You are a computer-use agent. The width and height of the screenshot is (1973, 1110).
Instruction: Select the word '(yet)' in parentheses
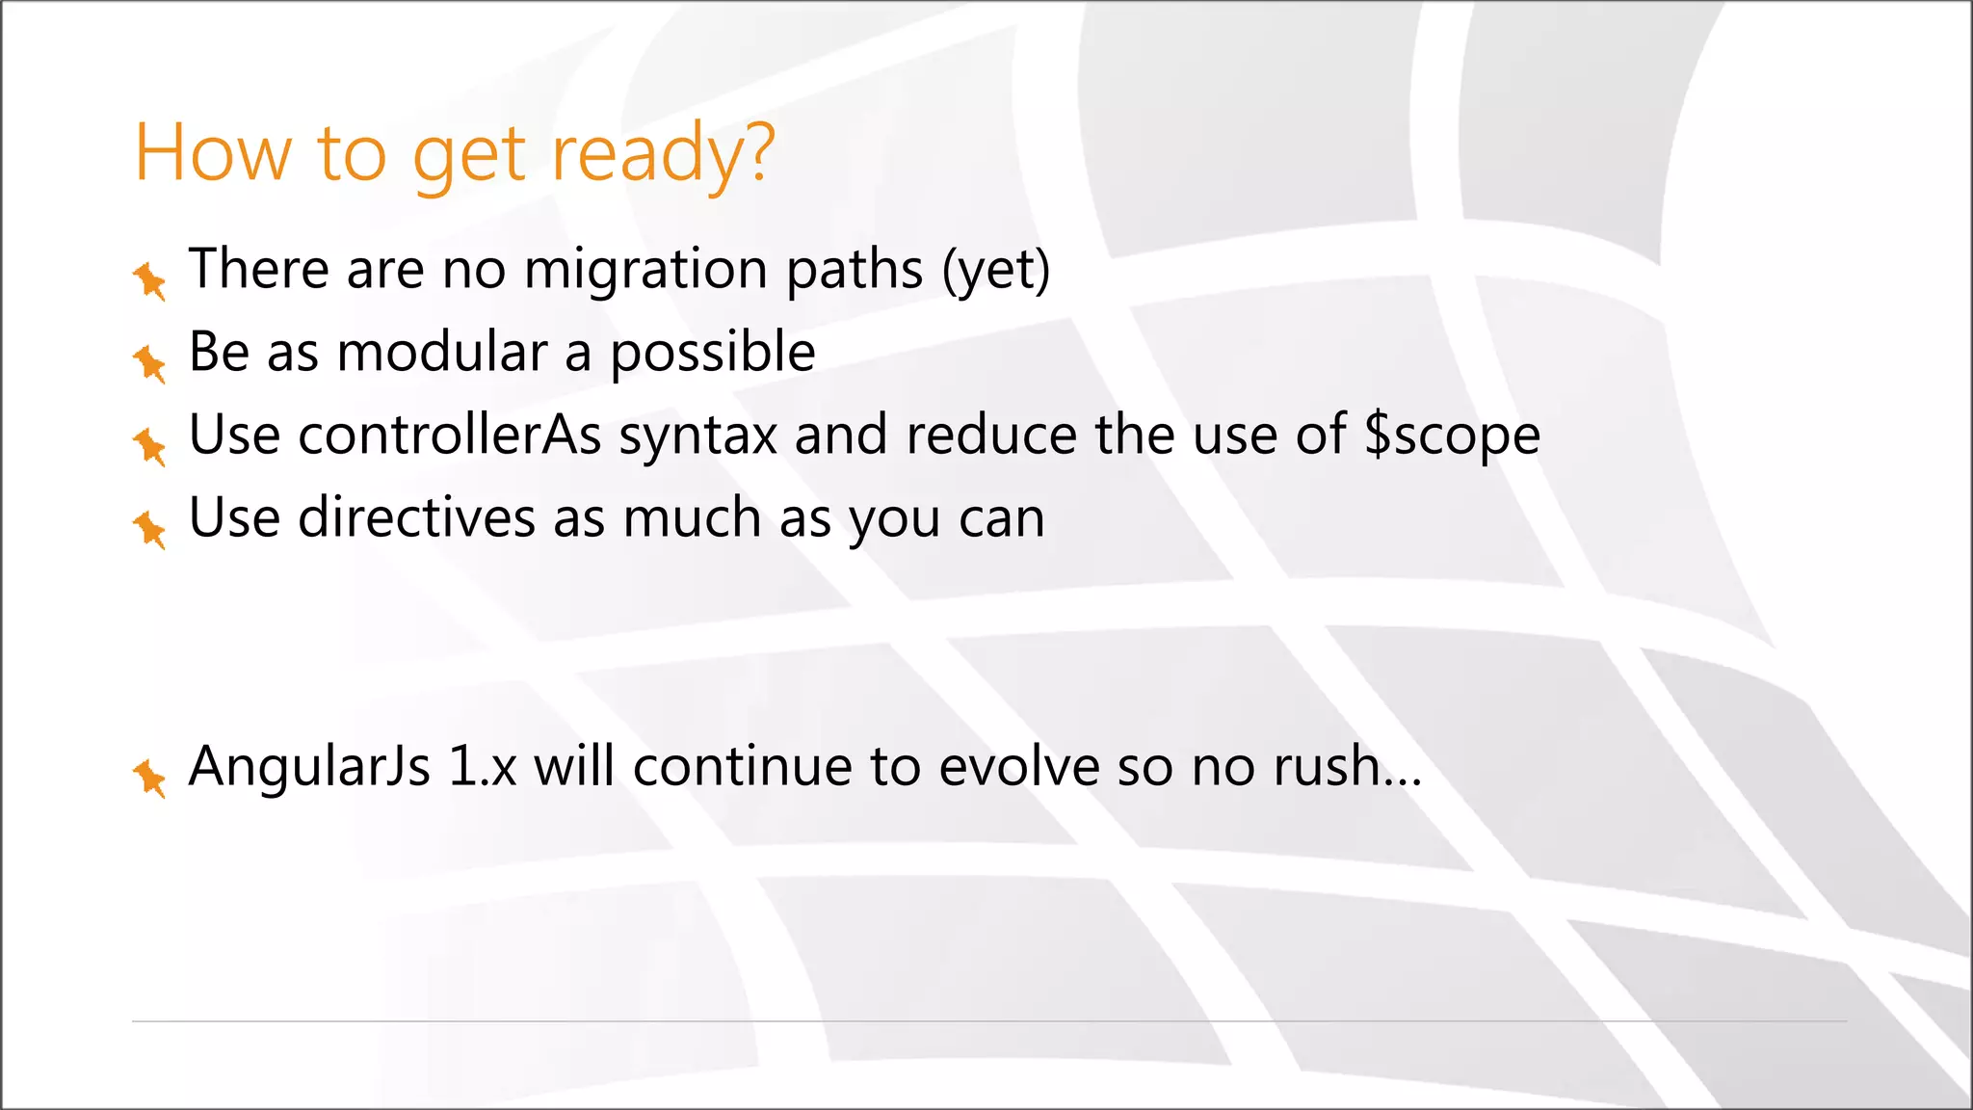tap(996, 270)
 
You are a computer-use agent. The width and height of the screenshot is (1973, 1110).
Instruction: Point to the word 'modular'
tap(442, 352)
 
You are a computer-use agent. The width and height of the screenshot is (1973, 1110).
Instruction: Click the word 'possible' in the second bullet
tap(713, 354)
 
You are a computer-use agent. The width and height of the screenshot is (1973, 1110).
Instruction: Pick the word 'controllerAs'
tap(450, 435)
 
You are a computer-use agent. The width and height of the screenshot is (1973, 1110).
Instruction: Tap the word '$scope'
tap(1453, 436)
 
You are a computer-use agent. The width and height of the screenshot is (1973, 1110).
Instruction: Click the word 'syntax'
tap(697, 436)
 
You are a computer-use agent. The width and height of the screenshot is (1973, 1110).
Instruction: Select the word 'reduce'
tap(991, 435)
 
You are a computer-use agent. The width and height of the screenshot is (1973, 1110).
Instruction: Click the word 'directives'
tap(416, 517)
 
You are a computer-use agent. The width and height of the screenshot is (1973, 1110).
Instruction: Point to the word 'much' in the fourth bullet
tap(692, 517)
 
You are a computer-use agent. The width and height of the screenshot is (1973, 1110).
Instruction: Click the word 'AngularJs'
tap(309, 767)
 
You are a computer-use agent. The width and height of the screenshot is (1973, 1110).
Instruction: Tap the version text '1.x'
tap(483, 767)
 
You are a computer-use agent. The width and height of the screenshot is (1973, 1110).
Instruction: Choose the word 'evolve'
tap(1018, 767)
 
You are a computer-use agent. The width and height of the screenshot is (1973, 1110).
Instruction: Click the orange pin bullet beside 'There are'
tap(149, 280)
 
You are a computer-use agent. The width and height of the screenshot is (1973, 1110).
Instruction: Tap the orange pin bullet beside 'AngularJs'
tap(149, 778)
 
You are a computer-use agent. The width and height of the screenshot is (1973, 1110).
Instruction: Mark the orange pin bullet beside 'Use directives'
tap(149, 529)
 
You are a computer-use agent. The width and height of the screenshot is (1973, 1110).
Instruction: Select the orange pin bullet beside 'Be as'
tap(149, 363)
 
